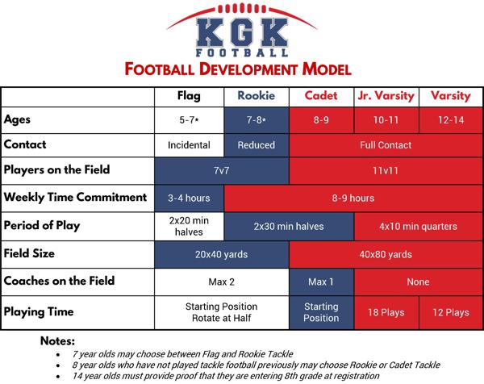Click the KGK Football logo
[242, 33]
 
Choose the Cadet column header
[321, 96]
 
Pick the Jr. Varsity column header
[386, 96]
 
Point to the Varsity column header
[450, 96]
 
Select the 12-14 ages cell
[450, 120]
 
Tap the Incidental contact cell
[189, 145]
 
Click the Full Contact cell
[386, 145]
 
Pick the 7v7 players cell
[222, 170]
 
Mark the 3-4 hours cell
[189, 197]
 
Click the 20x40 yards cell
[222, 254]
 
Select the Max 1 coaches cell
[321, 282]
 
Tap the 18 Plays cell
[386, 311]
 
